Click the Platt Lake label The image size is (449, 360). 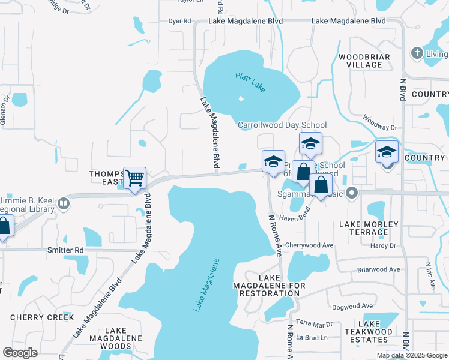pyautogui.click(x=249, y=82)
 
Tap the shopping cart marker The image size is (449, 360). pyautogui.click(x=135, y=177)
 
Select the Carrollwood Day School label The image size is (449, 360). pyautogui.click(x=282, y=125)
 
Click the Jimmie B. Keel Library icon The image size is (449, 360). pyautogui.click(x=64, y=204)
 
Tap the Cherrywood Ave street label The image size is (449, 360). pyautogui.click(x=309, y=245)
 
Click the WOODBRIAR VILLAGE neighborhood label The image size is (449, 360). pyautogui.click(x=364, y=61)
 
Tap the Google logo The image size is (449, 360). pyautogui.click(x=20, y=353)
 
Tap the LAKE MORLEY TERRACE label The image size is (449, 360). pyautogui.click(x=369, y=228)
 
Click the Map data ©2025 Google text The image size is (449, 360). pyautogui.click(x=412, y=355)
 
